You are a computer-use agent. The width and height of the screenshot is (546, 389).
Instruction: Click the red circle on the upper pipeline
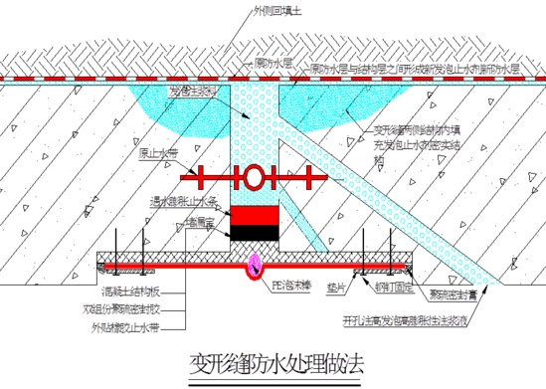click(x=254, y=178)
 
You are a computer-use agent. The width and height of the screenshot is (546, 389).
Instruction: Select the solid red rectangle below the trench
click(x=254, y=215)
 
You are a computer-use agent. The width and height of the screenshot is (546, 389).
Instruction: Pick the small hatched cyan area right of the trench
click(x=302, y=104)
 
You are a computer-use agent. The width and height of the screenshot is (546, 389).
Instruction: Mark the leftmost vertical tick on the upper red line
click(x=200, y=178)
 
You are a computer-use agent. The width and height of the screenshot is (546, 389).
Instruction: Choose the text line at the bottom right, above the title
click(x=403, y=319)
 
